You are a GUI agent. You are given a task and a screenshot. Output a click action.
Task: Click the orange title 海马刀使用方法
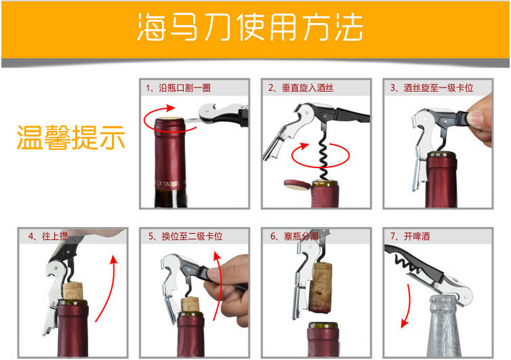(250, 27)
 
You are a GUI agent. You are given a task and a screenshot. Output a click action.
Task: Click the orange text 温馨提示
(71, 137)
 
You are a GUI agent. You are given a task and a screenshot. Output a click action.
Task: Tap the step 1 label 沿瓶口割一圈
(185, 88)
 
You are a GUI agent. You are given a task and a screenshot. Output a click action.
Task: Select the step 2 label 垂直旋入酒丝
(307, 88)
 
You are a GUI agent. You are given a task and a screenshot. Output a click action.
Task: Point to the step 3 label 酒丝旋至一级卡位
(438, 88)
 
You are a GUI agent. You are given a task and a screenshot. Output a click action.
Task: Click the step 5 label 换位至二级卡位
(192, 236)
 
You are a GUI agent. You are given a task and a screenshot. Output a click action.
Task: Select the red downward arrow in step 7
(407, 305)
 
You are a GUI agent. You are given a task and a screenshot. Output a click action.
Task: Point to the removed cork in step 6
(321, 288)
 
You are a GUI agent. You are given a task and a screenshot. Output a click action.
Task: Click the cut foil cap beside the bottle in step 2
(297, 184)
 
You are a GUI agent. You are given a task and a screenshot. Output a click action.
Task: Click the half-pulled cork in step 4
(73, 291)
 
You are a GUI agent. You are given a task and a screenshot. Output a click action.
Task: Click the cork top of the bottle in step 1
(170, 118)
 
